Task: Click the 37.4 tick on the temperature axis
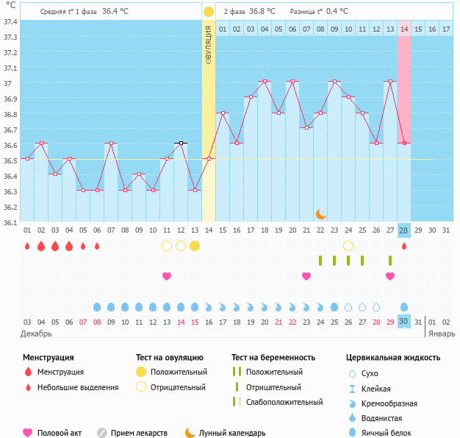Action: click(10, 21)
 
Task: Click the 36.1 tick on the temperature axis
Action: click(10, 222)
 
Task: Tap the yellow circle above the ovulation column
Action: click(209, 12)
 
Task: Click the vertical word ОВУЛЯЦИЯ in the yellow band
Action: click(209, 44)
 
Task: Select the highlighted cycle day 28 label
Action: click(404, 230)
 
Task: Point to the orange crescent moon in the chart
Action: click(320, 213)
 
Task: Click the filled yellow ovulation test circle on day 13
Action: click(195, 246)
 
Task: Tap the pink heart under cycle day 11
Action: click(167, 276)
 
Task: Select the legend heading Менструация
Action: click(48, 358)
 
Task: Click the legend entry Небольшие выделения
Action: click(77, 387)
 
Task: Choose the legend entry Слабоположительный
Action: click(284, 402)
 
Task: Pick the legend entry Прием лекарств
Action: click(139, 433)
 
